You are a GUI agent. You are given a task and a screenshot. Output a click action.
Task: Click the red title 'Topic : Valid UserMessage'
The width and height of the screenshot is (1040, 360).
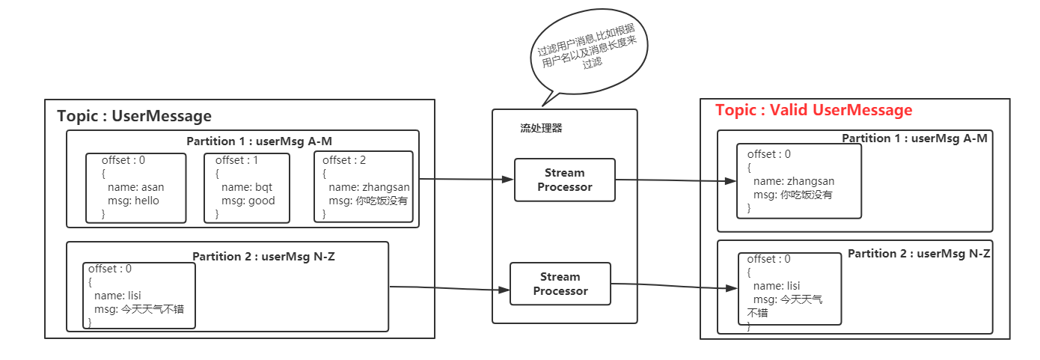tap(813, 111)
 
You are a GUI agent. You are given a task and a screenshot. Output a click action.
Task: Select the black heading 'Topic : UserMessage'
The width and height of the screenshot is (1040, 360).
tap(134, 117)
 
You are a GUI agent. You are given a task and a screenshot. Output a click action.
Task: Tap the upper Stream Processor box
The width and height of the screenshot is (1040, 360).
tap(564, 180)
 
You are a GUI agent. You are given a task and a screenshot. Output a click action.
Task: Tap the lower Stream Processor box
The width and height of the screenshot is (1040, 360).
tap(560, 284)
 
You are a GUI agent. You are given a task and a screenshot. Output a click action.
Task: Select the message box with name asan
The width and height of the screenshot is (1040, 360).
tap(135, 188)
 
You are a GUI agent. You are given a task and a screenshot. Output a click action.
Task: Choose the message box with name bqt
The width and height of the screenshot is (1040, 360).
tap(246, 188)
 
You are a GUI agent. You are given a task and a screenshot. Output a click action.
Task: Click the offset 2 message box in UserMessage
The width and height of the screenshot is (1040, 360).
tap(363, 187)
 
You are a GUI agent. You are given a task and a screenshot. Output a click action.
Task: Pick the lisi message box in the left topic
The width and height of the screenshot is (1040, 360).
tap(138, 295)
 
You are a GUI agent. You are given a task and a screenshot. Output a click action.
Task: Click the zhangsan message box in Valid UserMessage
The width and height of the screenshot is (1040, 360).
tap(798, 180)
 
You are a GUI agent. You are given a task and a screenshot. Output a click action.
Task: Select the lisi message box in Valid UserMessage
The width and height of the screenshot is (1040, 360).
tap(789, 289)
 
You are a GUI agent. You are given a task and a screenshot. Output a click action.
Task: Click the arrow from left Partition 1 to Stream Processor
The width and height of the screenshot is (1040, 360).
tap(466, 180)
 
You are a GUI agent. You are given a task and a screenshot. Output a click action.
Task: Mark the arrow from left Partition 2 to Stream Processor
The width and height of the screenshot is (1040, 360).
tap(449, 288)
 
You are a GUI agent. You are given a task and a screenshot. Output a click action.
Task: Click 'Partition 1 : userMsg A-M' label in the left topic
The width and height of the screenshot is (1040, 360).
tap(259, 141)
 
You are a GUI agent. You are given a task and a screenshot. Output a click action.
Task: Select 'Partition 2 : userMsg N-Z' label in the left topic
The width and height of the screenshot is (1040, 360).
tap(263, 257)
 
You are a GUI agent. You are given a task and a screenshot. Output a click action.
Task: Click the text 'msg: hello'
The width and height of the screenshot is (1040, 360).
tap(134, 201)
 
